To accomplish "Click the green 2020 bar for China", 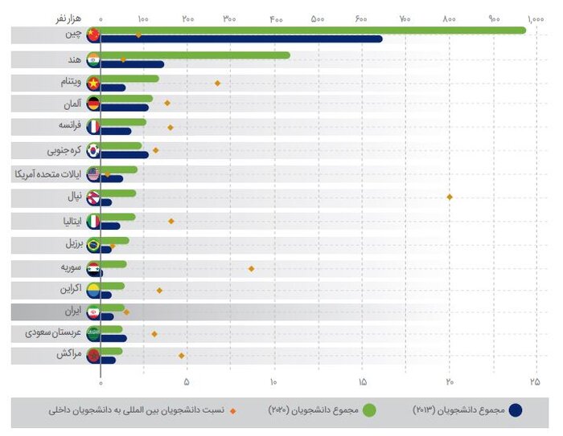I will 314,31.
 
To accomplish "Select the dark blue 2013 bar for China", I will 241,39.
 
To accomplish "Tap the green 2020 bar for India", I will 195,55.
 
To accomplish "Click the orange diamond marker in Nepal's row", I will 450,197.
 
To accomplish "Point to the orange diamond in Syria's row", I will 251,268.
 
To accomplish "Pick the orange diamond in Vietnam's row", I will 217,83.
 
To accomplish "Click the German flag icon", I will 93,104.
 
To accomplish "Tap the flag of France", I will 93,127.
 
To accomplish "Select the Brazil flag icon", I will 93,245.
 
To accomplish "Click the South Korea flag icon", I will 93,150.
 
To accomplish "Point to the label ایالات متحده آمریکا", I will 49,174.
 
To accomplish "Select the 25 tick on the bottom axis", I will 535,381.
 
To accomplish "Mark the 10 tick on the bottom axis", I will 274,381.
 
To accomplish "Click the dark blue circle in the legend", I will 516,410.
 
